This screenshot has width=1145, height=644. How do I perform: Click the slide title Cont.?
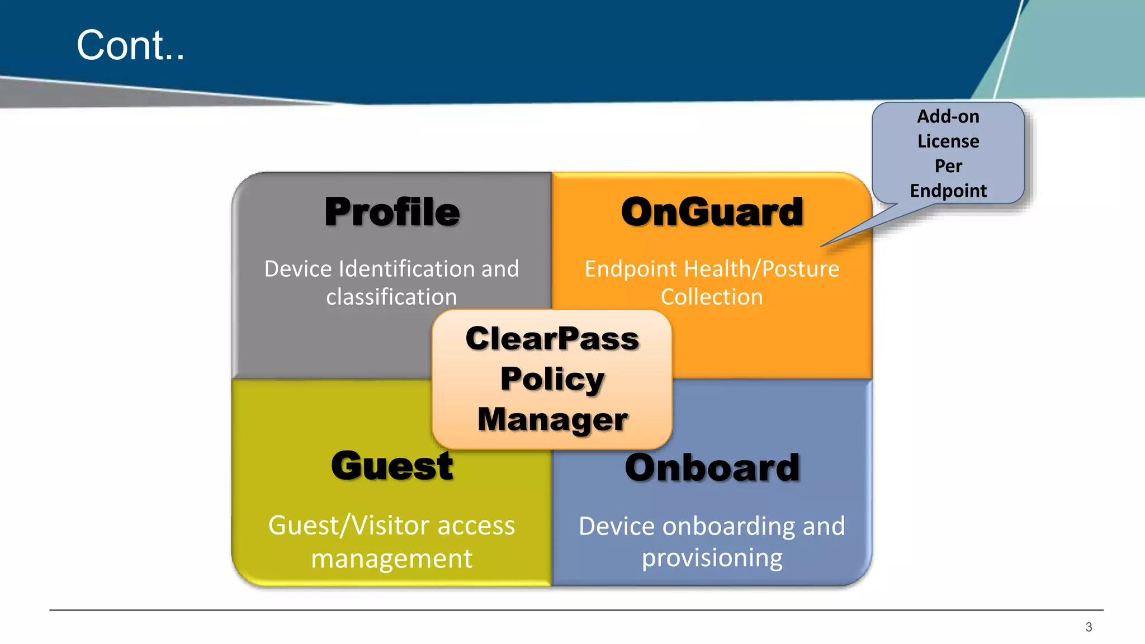(x=130, y=45)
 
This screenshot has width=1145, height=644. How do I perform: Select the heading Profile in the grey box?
(x=392, y=212)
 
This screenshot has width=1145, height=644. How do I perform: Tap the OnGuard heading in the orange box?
(x=712, y=212)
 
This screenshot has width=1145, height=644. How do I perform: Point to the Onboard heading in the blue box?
(x=712, y=467)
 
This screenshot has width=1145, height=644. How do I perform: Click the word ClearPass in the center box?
(x=552, y=339)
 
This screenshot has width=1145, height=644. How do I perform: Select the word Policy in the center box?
(x=552, y=379)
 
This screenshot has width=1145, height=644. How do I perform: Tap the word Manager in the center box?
(x=552, y=419)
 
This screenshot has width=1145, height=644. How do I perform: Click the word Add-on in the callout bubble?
(x=948, y=116)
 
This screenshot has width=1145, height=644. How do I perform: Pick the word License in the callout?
(x=948, y=141)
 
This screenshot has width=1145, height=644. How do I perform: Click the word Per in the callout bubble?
(x=948, y=166)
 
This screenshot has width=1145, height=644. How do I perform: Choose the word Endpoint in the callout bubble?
(x=948, y=191)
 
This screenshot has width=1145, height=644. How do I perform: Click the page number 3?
(x=1088, y=627)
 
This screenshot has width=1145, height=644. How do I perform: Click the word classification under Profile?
(x=391, y=297)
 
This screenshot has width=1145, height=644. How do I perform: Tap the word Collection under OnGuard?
(x=712, y=297)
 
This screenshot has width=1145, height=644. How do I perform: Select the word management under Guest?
(x=391, y=558)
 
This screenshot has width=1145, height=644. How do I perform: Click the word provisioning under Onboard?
(x=712, y=558)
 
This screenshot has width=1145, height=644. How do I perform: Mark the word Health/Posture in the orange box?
(x=761, y=269)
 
